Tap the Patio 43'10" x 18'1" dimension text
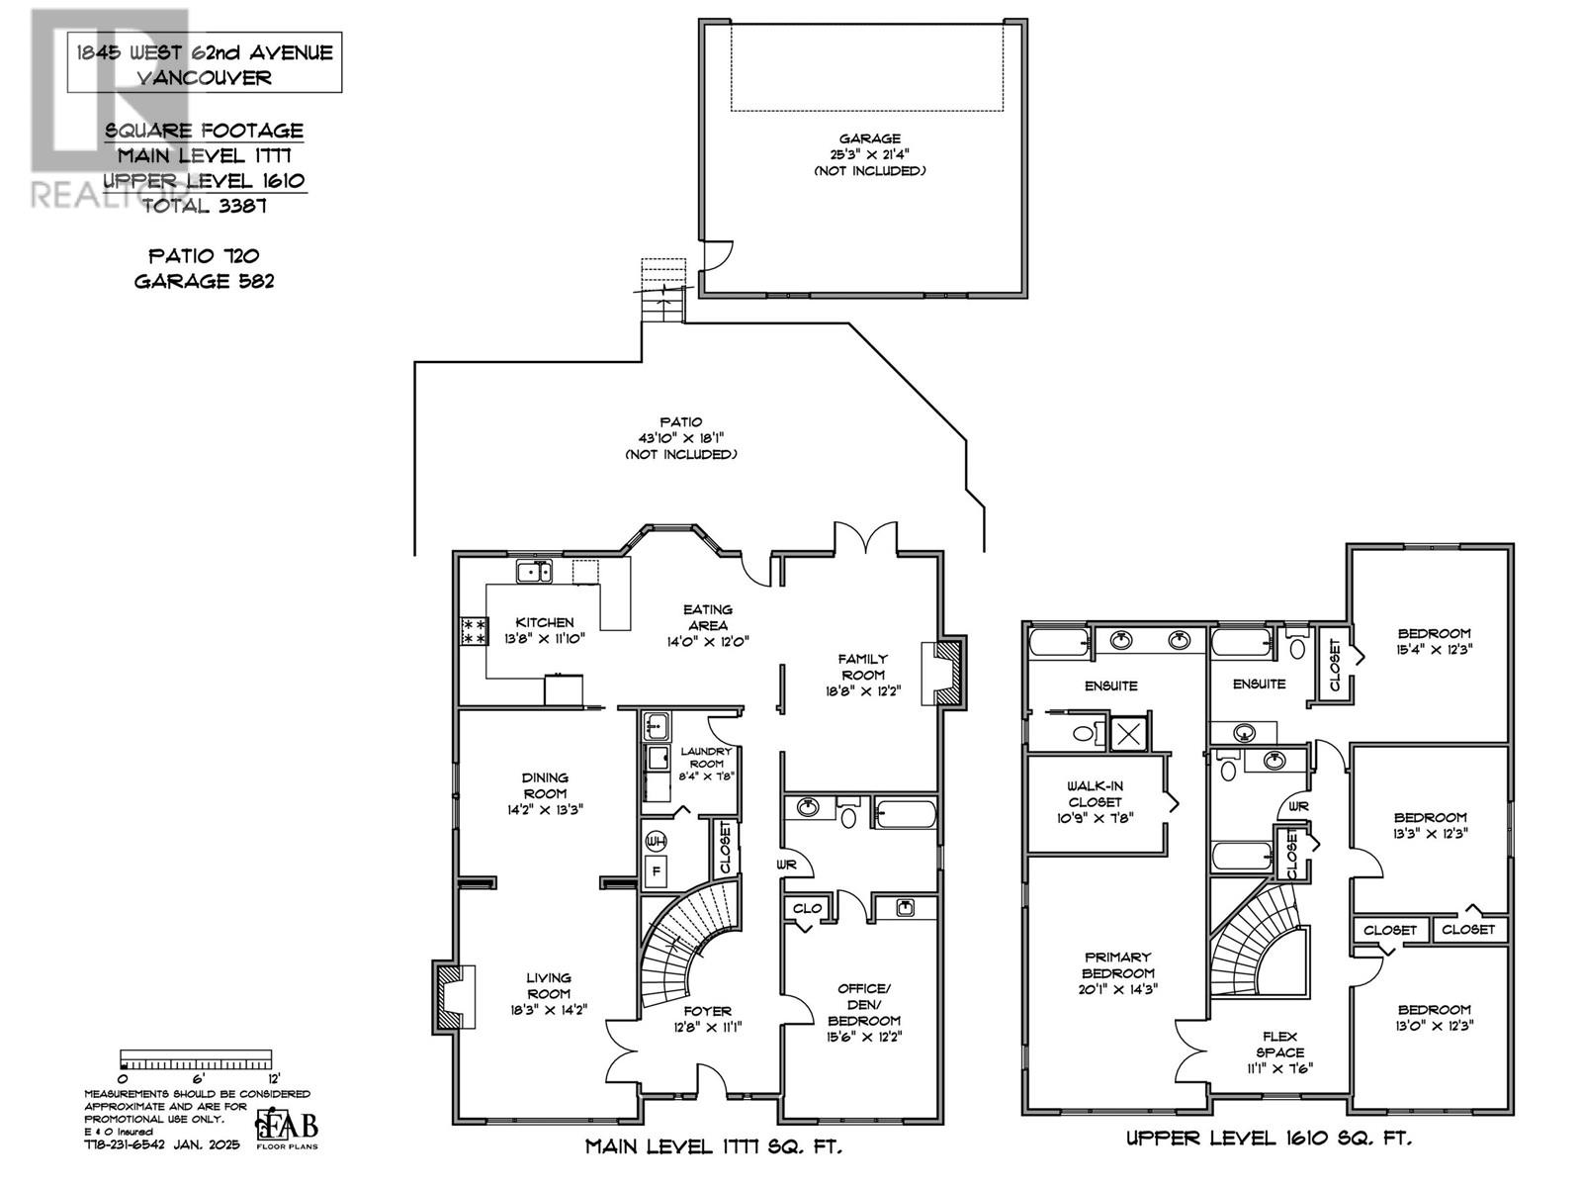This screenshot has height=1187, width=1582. click(x=680, y=438)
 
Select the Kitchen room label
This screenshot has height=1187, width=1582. click(x=544, y=622)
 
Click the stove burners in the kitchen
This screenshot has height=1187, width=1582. click(x=474, y=631)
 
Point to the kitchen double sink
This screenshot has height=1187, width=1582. click(x=534, y=571)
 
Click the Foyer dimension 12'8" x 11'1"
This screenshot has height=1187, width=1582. click(x=708, y=1027)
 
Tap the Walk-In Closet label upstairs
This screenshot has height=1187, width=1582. click(x=1095, y=793)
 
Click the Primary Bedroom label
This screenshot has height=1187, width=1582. click(x=1118, y=964)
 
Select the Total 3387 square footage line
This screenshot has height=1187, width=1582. click(x=205, y=206)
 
